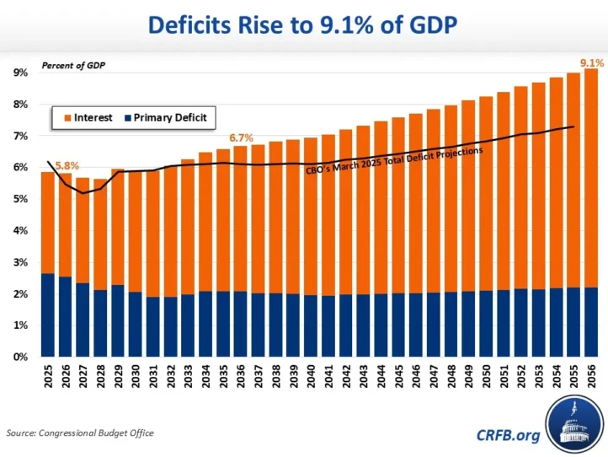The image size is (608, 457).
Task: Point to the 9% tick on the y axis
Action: point(19,73)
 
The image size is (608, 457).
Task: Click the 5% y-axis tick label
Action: point(19,199)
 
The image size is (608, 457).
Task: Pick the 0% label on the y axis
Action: point(19,357)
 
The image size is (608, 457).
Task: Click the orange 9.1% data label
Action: point(589,62)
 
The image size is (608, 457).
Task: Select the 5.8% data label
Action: point(67,166)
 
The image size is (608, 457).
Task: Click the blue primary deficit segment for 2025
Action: point(47,315)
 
